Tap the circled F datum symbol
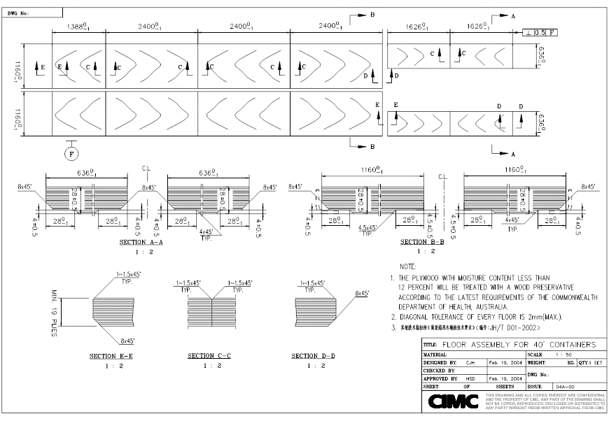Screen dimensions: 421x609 click(x=72, y=153)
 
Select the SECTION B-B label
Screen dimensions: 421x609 click(x=422, y=242)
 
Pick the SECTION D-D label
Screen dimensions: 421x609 click(x=313, y=356)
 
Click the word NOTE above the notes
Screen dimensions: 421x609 click(x=407, y=266)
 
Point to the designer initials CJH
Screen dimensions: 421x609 click(x=470, y=363)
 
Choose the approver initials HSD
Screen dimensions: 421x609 click(x=470, y=378)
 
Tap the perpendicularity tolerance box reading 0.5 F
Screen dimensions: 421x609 click(x=543, y=32)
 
